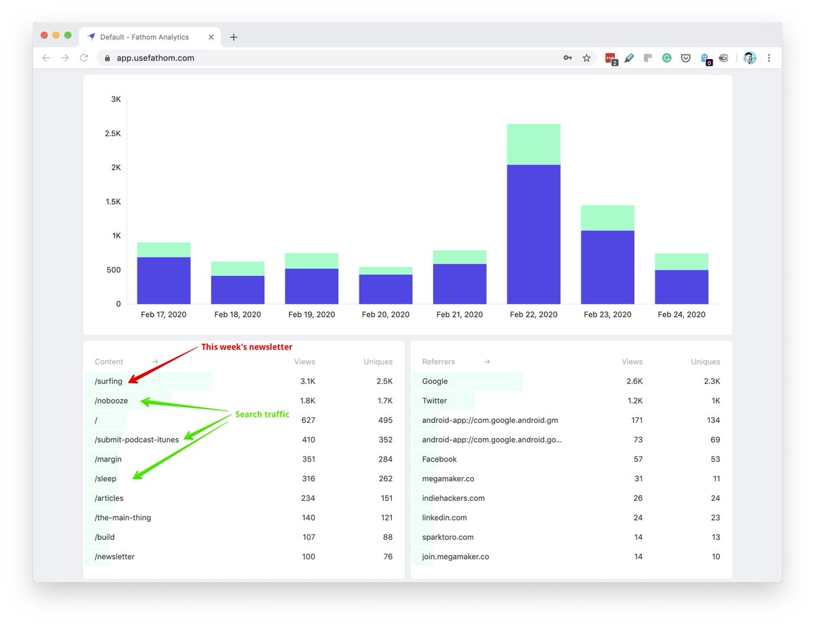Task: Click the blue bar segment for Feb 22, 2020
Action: point(533,234)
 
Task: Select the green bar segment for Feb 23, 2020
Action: point(607,218)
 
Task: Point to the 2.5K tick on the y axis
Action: point(113,133)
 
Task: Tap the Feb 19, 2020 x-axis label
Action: point(312,315)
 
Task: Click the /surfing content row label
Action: point(109,381)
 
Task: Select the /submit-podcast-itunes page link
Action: point(137,440)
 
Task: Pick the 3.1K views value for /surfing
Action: point(308,381)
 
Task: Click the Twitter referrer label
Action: point(435,401)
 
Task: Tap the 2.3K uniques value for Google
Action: point(712,381)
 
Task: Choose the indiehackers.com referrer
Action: point(453,498)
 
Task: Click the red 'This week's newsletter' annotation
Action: point(247,347)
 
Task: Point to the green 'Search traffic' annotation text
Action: point(262,414)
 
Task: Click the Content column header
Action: point(109,362)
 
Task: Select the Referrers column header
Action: point(439,362)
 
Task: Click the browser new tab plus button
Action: point(234,37)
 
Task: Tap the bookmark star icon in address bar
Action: point(587,58)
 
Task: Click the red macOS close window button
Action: point(45,35)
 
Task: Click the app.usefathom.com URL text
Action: point(156,58)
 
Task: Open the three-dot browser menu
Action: point(769,58)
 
